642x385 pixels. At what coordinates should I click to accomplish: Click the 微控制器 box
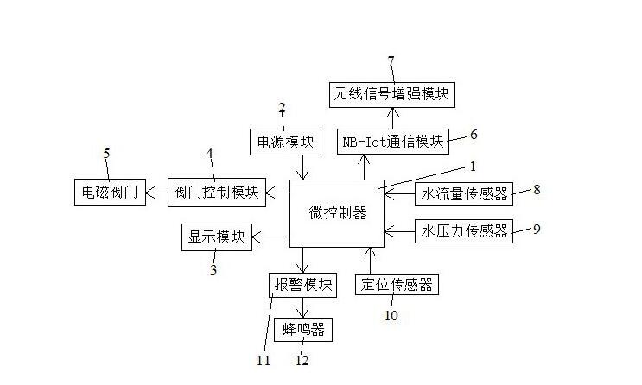(337, 213)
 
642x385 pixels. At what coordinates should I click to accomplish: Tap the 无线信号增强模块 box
(392, 94)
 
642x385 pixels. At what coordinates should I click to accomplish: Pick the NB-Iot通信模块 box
(392, 141)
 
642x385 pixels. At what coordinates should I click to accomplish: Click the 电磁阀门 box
(109, 192)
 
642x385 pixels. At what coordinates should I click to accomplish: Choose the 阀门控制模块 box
(216, 192)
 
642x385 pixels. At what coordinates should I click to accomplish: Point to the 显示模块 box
(217, 237)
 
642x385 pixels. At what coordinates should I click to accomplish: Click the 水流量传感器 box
(463, 193)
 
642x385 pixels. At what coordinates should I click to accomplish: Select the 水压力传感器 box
(463, 230)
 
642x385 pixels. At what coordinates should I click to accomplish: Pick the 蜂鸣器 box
(302, 329)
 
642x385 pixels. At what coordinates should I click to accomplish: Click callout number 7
(391, 60)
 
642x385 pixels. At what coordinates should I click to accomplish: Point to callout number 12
(302, 360)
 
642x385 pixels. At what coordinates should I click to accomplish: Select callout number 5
(106, 155)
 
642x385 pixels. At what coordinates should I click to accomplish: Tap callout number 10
(391, 315)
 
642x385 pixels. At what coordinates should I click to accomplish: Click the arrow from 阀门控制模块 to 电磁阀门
(157, 192)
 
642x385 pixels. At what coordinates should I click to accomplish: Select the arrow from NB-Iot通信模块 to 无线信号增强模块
(392, 117)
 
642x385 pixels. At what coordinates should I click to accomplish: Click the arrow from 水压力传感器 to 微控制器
(398, 230)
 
